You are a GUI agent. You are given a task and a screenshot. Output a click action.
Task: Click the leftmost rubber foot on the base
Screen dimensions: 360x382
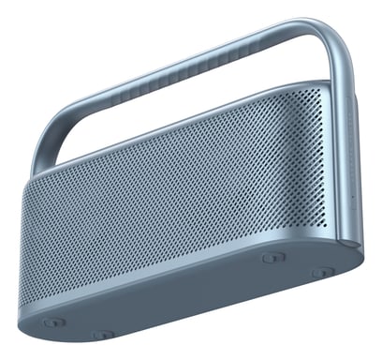coord(53,322)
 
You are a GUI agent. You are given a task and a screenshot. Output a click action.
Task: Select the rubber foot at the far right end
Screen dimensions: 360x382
coord(322,272)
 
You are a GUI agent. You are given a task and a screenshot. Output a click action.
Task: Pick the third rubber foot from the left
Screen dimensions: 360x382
coord(272,257)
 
